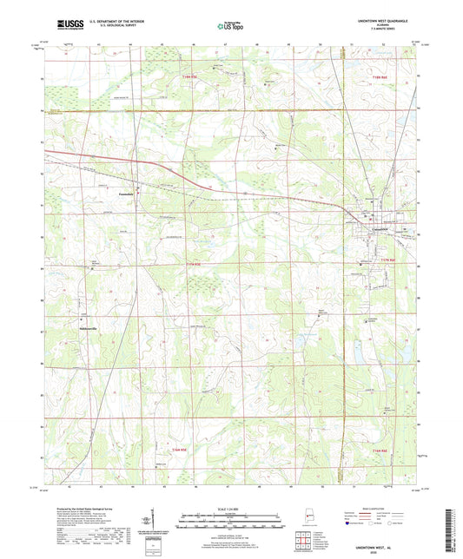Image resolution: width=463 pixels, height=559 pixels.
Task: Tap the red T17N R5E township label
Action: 199,265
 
